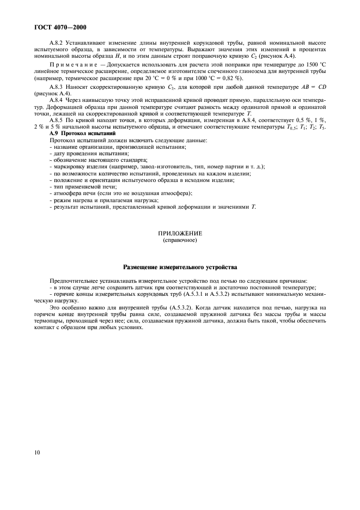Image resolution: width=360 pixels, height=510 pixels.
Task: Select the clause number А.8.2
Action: click(x=57, y=42)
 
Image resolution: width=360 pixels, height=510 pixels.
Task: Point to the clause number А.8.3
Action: click(x=57, y=87)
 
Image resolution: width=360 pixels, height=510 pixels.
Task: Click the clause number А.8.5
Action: click(x=57, y=119)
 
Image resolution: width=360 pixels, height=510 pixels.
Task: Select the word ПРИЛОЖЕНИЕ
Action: click(x=179, y=233)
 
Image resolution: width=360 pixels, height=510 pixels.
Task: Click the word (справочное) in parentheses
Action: click(x=180, y=240)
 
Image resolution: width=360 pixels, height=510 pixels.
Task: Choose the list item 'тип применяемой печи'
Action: click(x=83, y=187)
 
